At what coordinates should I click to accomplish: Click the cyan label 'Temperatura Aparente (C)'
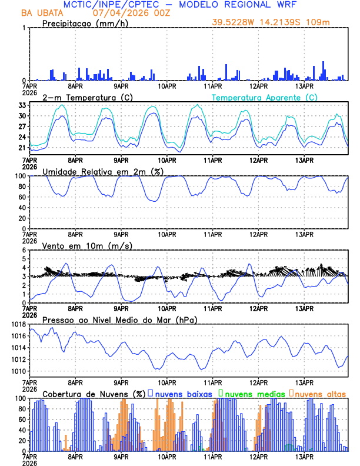(264, 97)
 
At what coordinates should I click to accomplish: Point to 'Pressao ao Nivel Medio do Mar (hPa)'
(119, 319)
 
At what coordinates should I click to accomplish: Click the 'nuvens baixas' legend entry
(183, 394)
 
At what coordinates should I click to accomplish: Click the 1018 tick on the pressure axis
(18, 324)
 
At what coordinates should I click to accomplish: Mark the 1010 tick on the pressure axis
(18, 371)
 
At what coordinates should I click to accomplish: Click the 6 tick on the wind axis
(25, 251)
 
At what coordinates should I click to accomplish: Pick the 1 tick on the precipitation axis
(25, 28)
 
